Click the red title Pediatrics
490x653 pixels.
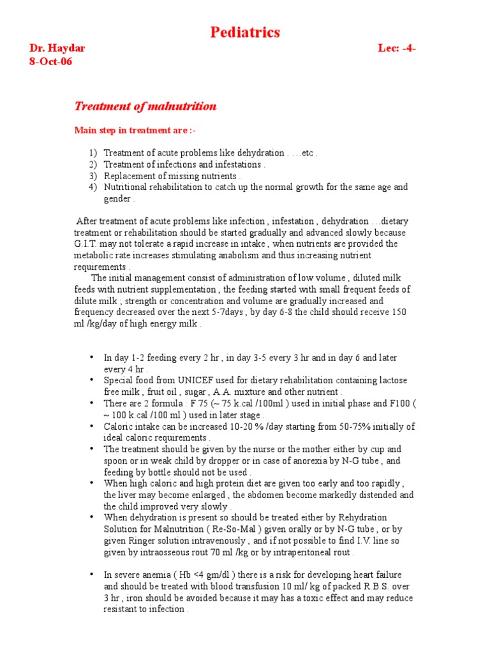click(x=245, y=33)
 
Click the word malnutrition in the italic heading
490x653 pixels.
click(x=185, y=106)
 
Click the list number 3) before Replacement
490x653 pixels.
click(x=93, y=176)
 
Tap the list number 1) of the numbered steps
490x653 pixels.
click(x=93, y=153)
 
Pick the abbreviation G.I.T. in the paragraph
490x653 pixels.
click(x=88, y=244)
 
